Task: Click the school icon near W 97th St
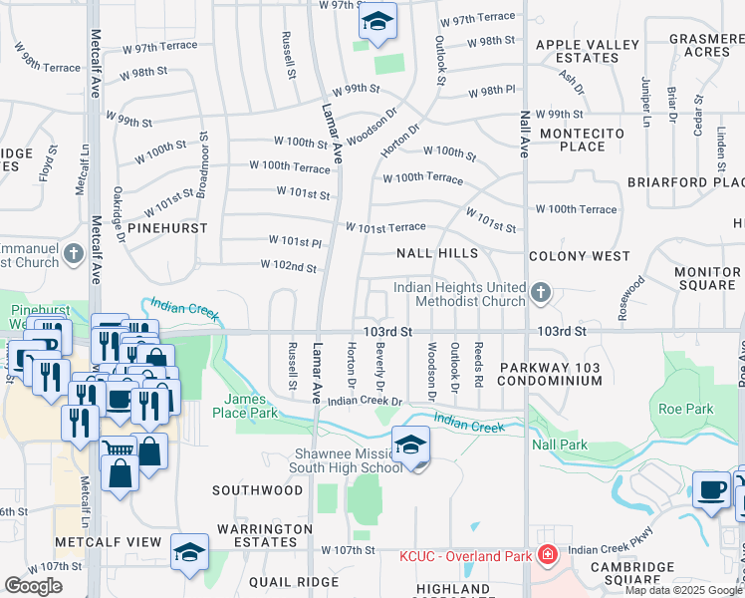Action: click(377, 22)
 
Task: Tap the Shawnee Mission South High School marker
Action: click(410, 446)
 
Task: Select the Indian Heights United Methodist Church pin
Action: click(541, 293)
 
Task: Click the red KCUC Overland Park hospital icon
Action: click(546, 554)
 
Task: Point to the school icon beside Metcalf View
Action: click(189, 553)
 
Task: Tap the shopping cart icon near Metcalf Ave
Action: click(119, 450)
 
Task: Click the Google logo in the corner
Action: click(33, 586)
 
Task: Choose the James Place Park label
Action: click(244, 406)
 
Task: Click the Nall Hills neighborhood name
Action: click(437, 255)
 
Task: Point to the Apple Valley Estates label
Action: click(588, 51)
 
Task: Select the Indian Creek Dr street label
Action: click(364, 401)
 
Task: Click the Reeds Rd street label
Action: click(478, 367)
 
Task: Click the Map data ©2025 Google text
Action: click(683, 590)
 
